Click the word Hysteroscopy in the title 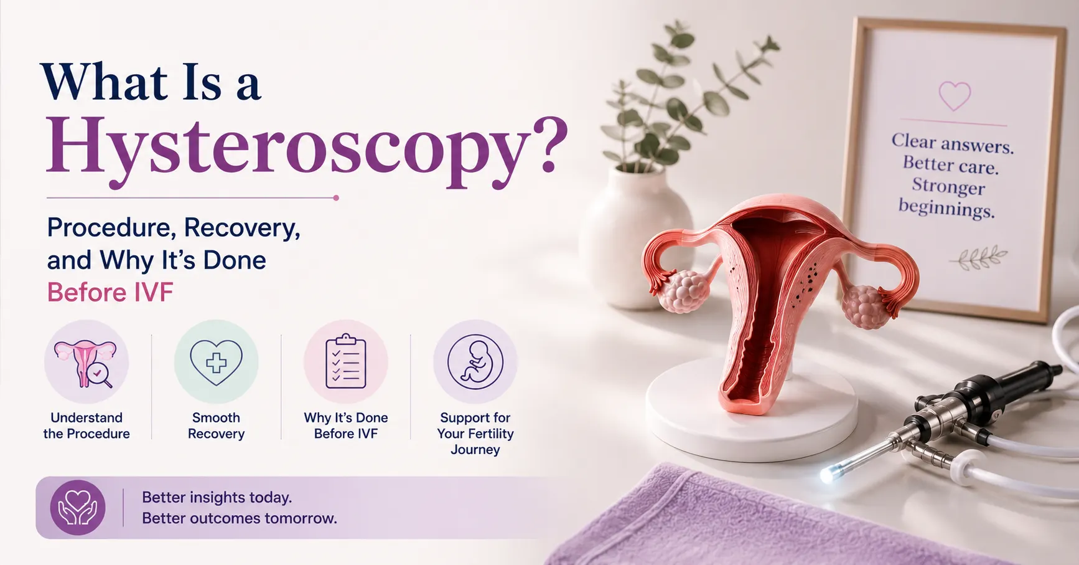tap(307, 149)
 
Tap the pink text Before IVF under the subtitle tap(110, 292)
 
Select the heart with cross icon tap(216, 362)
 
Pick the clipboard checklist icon tap(345, 361)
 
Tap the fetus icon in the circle tap(475, 362)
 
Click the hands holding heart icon tap(78, 507)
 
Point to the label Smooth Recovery tap(216, 425)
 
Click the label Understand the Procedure tap(86, 425)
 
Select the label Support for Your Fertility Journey tap(475, 434)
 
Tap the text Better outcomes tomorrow tap(240, 518)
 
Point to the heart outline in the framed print tap(955, 96)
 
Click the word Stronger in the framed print tap(948, 186)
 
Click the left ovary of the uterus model tap(684, 291)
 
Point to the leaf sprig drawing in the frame tap(978, 259)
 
